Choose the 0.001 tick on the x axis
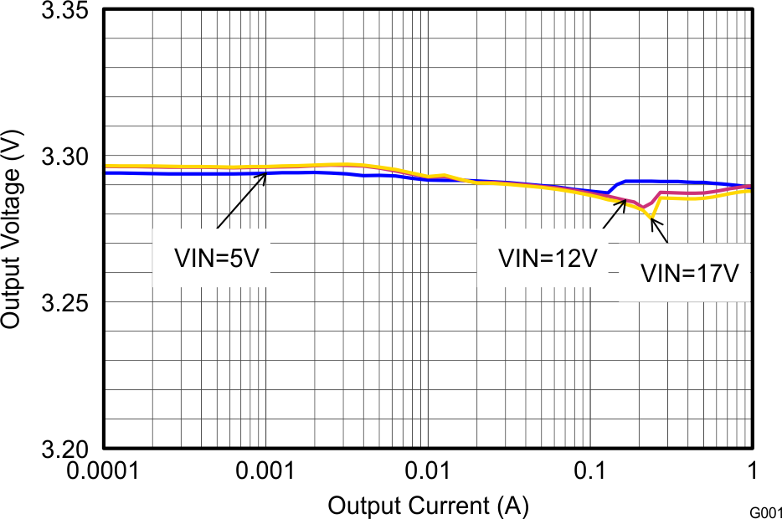(265, 471)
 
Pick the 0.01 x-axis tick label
(427, 471)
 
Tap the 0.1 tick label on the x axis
(589, 471)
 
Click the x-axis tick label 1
(751, 471)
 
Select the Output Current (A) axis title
(428, 506)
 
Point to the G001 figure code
(764, 511)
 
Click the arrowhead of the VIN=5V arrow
(265, 173)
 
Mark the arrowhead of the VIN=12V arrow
(625, 201)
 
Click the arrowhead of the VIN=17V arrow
(652, 219)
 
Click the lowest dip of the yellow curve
(651, 218)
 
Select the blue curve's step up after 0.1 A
(618, 185)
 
